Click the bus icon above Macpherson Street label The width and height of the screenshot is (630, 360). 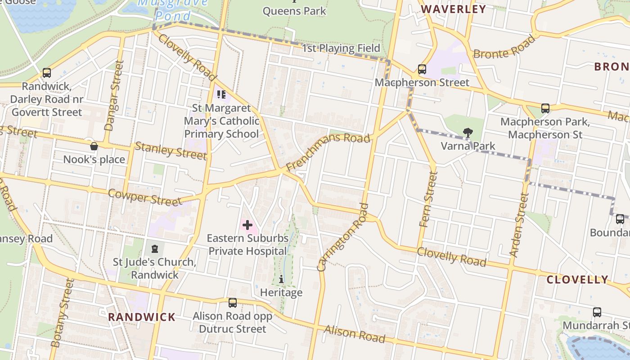422,69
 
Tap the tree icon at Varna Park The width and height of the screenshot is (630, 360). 468,132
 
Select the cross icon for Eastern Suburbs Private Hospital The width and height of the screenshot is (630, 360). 247,225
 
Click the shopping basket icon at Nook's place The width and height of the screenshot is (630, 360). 94,146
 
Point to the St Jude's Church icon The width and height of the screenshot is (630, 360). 155,248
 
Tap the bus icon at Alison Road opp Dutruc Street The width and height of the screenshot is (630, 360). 232,303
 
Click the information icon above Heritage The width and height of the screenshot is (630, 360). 281,279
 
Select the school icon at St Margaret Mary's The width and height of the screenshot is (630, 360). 221,94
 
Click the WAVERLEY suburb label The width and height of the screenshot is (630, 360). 453,9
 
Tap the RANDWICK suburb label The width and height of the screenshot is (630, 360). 142,317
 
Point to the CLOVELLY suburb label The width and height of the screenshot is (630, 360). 577,279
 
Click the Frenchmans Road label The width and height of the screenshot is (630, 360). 328,151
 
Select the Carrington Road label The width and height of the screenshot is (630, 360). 343,238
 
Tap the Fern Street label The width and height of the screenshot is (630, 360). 428,199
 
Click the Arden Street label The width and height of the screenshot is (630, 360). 518,225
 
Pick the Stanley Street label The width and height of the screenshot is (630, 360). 171,150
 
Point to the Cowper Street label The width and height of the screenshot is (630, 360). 145,197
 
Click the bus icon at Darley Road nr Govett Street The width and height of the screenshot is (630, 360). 46,72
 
